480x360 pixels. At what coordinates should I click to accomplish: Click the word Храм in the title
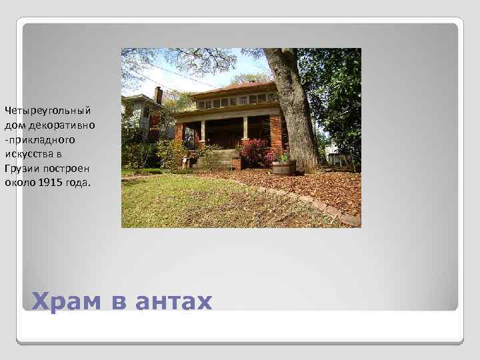[x=66, y=301]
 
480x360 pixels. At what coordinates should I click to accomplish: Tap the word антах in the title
[x=173, y=301]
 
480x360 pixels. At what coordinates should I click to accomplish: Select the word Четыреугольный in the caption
[x=47, y=109]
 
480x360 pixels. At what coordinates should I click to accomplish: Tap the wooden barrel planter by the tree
[x=283, y=166]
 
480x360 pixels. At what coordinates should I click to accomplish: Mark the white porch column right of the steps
[x=245, y=128]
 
